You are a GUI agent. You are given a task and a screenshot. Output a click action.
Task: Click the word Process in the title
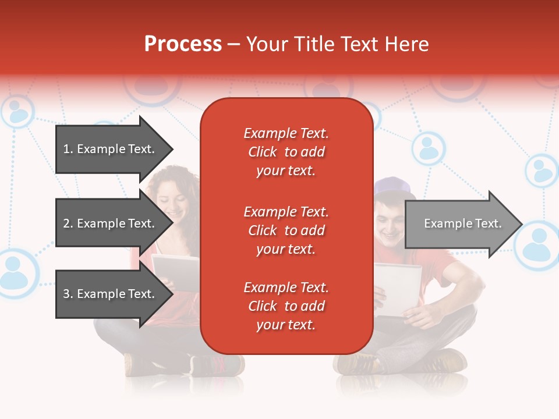click(183, 44)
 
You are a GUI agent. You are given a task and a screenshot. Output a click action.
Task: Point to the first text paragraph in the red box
click(286, 152)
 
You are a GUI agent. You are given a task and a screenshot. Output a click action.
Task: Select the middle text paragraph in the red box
click(286, 230)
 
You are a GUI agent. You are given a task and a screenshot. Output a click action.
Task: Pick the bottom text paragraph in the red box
click(286, 306)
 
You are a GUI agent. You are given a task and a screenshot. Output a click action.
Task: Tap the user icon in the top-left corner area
click(17, 112)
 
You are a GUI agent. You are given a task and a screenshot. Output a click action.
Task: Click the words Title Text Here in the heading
click(337, 44)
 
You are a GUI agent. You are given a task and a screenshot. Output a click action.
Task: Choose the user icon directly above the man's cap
click(429, 148)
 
